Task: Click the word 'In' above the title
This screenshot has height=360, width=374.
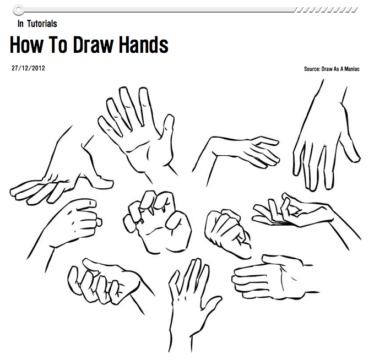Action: pos(20,24)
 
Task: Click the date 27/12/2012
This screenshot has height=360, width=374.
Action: pos(28,69)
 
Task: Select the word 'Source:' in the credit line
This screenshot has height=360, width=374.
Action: pos(312,69)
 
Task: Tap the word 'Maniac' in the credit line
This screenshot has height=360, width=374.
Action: pos(350,69)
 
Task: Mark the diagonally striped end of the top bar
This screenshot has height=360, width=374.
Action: pos(326,9)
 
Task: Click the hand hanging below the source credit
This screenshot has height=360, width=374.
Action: pos(325,143)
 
